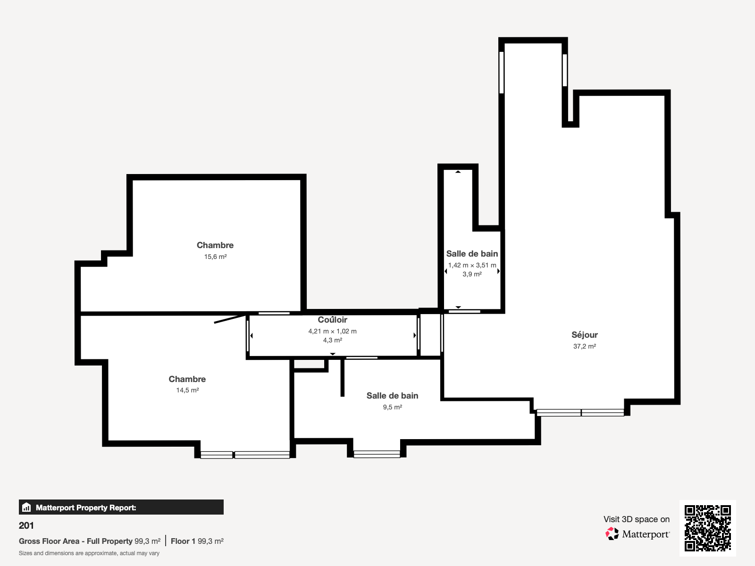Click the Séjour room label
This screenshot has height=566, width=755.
point(584,335)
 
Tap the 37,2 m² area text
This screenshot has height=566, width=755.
point(584,346)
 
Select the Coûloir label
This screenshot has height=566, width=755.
point(332,320)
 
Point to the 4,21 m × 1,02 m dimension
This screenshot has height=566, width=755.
point(332,331)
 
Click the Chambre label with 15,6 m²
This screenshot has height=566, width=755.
point(215,245)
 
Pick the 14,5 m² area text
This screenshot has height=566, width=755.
point(187,390)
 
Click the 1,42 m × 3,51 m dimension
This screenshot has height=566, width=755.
point(472,265)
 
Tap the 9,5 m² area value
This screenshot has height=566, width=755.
point(392,407)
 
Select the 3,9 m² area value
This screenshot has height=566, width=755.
point(472,274)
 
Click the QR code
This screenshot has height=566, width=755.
point(707,528)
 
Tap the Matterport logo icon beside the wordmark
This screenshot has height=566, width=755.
point(612,534)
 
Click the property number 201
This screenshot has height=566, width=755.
point(26,525)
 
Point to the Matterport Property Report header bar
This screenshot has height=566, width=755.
point(121,508)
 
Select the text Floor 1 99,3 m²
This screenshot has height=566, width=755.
point(197,541)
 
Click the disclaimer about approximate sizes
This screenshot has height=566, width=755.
point(89,553)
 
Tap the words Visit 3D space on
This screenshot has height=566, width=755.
point(636,519)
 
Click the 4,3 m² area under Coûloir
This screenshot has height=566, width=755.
point(332,340)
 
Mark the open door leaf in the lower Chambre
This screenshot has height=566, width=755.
point(230,319)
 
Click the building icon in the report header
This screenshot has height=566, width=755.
point(26,508)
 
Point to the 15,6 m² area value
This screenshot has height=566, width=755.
point(215,257)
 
